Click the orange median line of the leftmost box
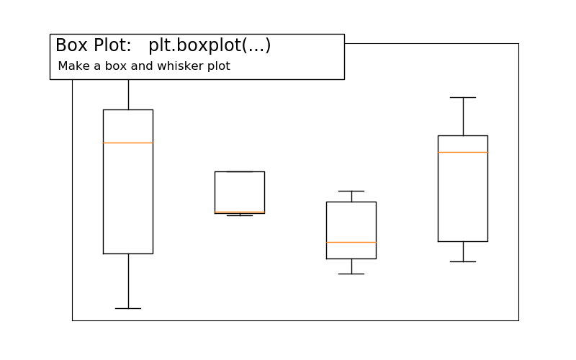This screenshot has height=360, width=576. pos(128,143)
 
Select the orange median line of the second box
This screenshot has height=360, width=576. pos(240,212)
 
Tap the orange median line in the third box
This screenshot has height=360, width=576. pos(351,242)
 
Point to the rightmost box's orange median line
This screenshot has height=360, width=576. pos(463,152)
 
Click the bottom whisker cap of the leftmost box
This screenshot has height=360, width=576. pos(128,308)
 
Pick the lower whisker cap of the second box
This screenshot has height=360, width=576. pos(240,215)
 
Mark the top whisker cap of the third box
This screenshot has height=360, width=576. pos(351,191)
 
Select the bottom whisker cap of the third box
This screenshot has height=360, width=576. pos(351,274)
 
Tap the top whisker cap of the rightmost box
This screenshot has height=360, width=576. pos(463,97)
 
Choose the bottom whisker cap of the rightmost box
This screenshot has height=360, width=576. pos(463,261)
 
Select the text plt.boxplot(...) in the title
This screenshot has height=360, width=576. pos(210,45)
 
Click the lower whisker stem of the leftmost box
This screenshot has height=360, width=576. pos(128,281)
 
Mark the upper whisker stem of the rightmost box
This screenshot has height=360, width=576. pos(463,116)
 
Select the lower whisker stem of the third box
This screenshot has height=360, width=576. pos(351,266)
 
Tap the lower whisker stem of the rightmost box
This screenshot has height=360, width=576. pos(463,251)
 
